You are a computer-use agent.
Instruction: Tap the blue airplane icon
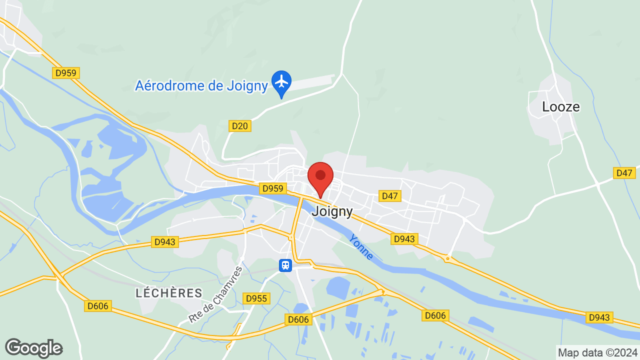pyautogui.click(x=281, y=81)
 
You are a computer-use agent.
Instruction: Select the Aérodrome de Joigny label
pyautogui.click(x=201, y=85)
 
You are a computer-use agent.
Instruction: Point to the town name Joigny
pyautogui.click(x=332, y=211)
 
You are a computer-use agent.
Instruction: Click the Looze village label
pyautogui.click(x=561, y=106)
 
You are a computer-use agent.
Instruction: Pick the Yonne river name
pyautogui.click(x=361, y=246)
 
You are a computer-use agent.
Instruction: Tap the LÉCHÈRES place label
pyautogui.click(x=169, y=293)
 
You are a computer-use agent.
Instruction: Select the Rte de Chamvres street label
pyautogui.click(x=216, y=294)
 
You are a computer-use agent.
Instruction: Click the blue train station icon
pyautogui.click(x=285, y=265)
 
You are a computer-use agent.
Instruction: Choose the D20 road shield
pyautogui.click(x=240, y=126)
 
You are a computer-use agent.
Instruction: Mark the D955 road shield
pyautogui.click(x=257, y=298)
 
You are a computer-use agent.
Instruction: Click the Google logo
pyautogui.click(x=34, y=348)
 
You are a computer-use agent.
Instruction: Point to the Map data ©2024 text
pyautogui.click(x=598, y=352)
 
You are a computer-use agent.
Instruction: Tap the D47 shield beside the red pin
pyautogui.click(x=389, y=196)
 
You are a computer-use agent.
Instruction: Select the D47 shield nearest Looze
pyautogui.click(x=624, y=173)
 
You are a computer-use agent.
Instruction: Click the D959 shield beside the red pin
pyautogui.click(x=273, y=189)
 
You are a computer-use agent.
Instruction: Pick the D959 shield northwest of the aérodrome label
pyautogui.click(x=66, y=73)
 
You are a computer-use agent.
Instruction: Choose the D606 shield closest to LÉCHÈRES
pyautogui.click(x=98, y=305)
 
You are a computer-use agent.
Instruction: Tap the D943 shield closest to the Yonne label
pyautogui.click(x=404, y=239)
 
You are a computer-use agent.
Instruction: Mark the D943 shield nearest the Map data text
pyautogui.click(x=599, y=317)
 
